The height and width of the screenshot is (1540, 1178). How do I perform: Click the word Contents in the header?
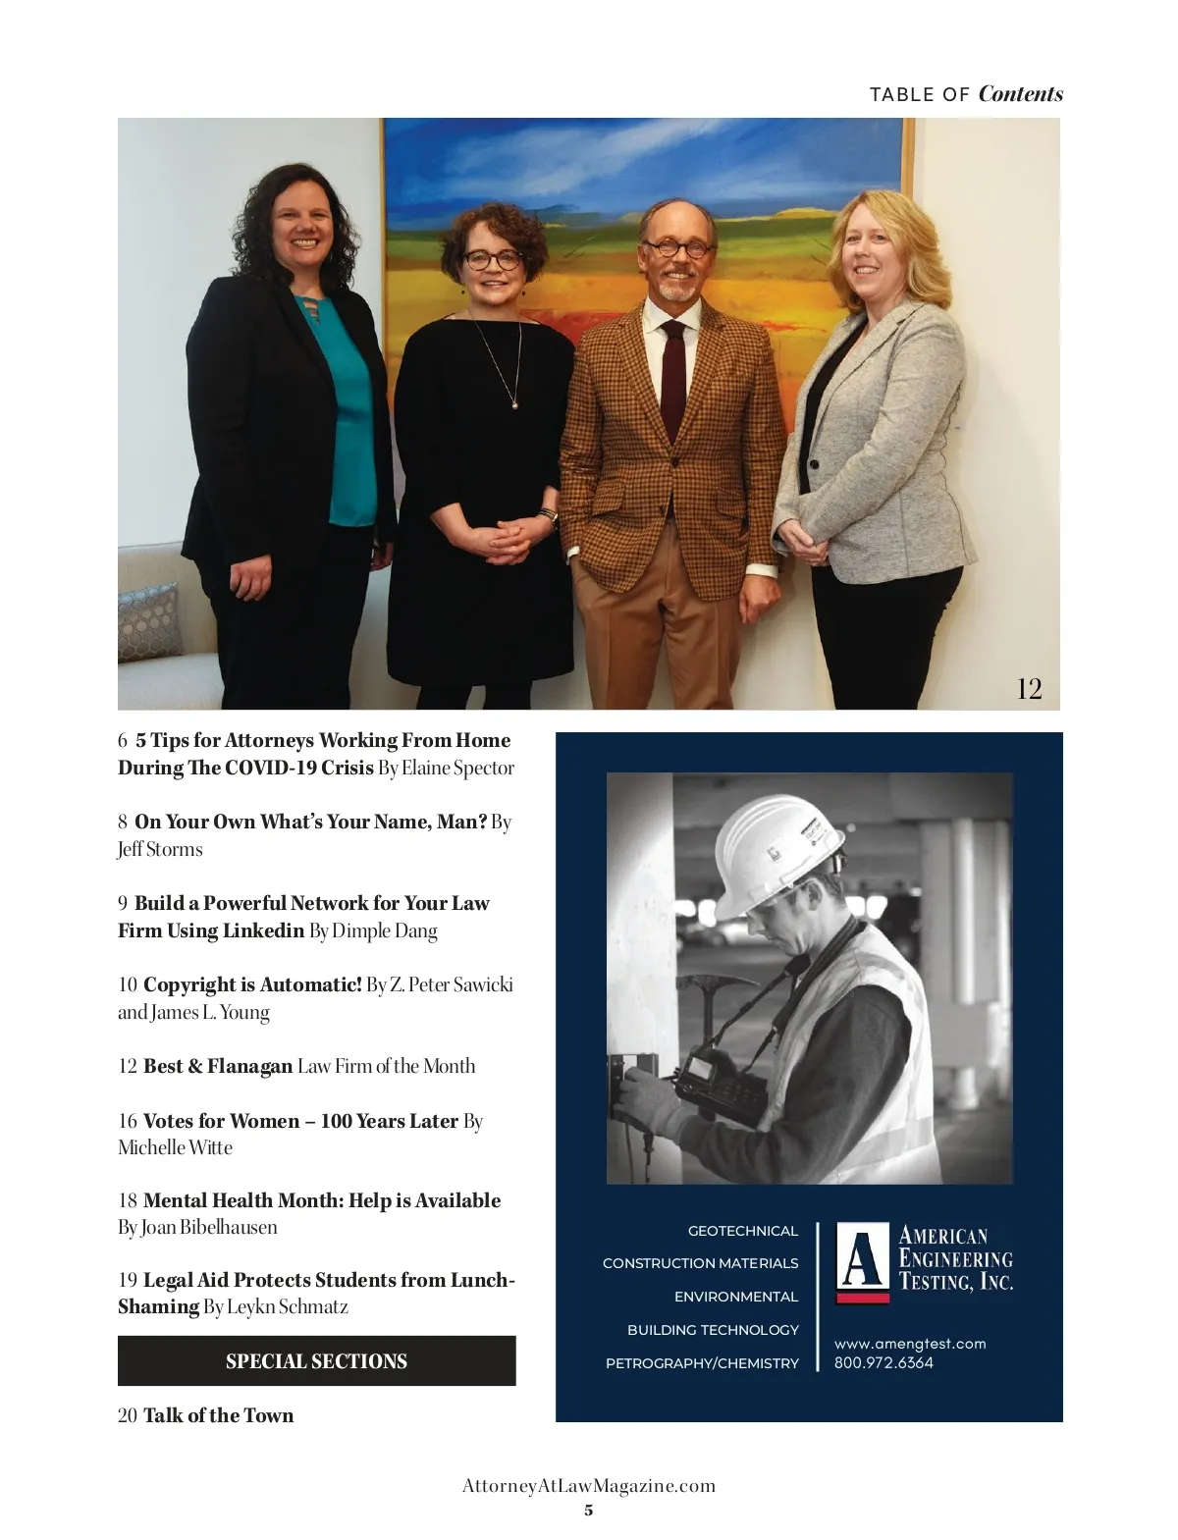point(1020,94)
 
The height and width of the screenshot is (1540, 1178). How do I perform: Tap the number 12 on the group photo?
point(1029,688)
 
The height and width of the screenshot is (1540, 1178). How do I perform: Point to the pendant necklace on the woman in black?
point(514,400)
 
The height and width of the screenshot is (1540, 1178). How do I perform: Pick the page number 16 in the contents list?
point(128,1121)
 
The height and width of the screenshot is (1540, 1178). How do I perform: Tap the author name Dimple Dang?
point(385,930)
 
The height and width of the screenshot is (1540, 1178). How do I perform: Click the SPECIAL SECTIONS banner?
point(316,1361)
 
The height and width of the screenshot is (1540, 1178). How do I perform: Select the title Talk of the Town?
point(218,1415)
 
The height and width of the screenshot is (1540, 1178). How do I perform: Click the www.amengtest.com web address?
point(910,1344)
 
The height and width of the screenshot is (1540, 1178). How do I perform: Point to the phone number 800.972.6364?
point(883,1362)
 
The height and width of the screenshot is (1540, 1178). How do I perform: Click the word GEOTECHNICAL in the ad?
point(743,1231)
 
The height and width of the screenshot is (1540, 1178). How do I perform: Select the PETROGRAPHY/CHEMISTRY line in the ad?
point(702,1363)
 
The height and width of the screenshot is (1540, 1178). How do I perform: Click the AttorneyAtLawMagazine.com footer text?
point(589,1486)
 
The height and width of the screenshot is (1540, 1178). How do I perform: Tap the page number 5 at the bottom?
point(589,1511)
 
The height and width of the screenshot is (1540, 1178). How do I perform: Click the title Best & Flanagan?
point(218,1066)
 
